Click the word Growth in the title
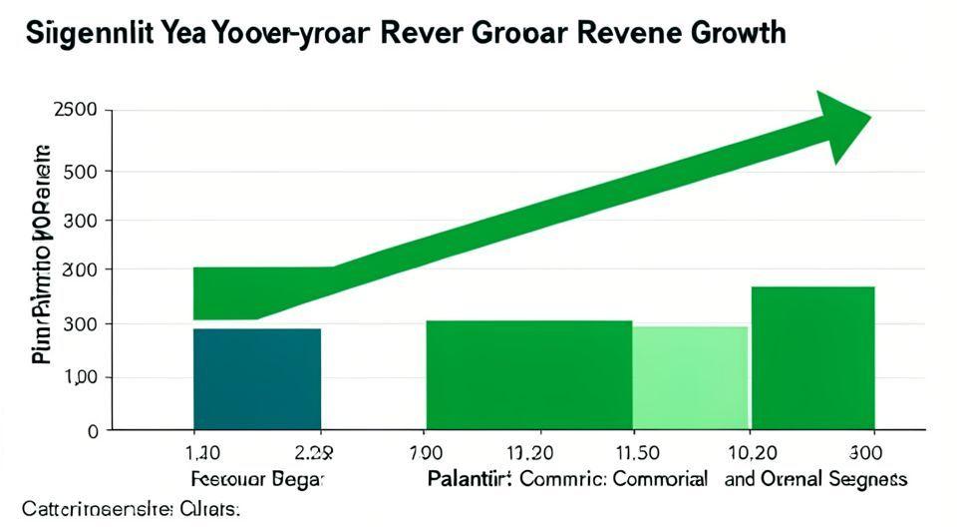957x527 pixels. [x=732, y=32]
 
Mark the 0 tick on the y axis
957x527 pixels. [x=93, y=431]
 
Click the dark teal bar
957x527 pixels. [x=256, y=378]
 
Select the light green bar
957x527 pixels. [x=690, y=377]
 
